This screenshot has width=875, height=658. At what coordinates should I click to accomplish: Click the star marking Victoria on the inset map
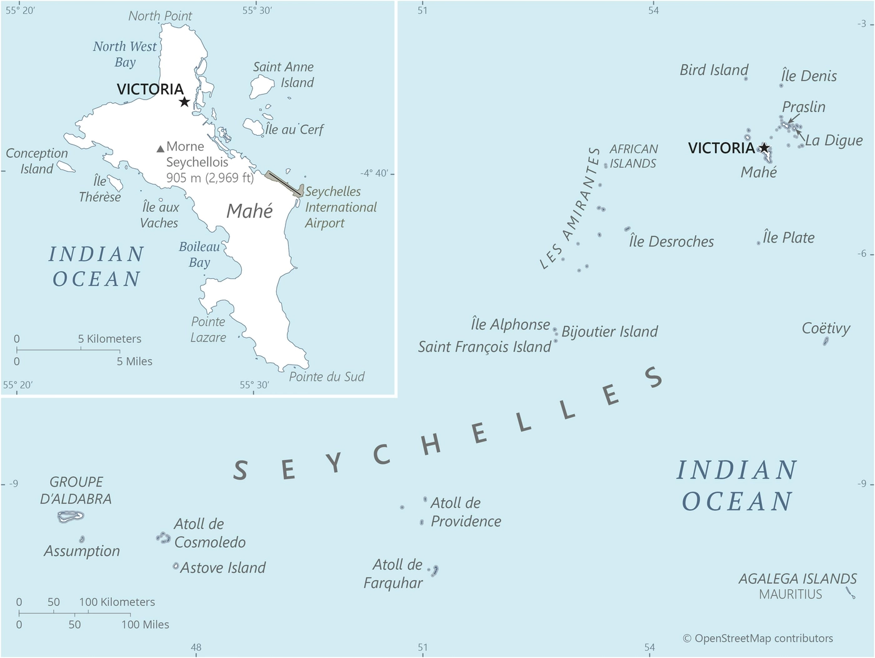click(184, 102)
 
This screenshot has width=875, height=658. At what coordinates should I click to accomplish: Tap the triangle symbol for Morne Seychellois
click(161, 148)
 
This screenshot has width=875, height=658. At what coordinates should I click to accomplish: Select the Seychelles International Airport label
click(341, 207)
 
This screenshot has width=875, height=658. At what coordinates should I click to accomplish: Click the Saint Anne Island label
click(283, 74)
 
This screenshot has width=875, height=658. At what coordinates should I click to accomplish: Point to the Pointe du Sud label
click(326, 377)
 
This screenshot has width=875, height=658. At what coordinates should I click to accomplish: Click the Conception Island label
click(37, 161)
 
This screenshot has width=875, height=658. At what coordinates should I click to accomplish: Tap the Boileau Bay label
click(199, 255)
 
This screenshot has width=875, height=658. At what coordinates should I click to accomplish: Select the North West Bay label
click(125, 54)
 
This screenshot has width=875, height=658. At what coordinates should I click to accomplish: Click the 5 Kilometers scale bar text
click(109, 339)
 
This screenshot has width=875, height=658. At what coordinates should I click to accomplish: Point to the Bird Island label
click(714, 70)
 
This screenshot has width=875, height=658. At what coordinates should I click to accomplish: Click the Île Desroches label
click(671, 241)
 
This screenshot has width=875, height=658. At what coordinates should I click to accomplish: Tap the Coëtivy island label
click(826, 328)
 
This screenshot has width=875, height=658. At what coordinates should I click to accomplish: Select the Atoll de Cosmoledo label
click(209, 533)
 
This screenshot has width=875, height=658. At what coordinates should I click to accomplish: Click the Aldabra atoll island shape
click(71, 517)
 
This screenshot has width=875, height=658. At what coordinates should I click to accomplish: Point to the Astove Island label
click(223, 568)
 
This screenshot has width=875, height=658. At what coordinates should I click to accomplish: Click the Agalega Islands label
click(797, 579)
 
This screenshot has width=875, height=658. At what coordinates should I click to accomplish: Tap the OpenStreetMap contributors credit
click(757, 638)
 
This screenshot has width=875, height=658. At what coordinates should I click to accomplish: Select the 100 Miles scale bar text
click(145, 624)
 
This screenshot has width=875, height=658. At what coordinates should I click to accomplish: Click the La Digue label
click(834, 141)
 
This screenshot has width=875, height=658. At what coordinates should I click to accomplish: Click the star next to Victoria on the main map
click(764, 148)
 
